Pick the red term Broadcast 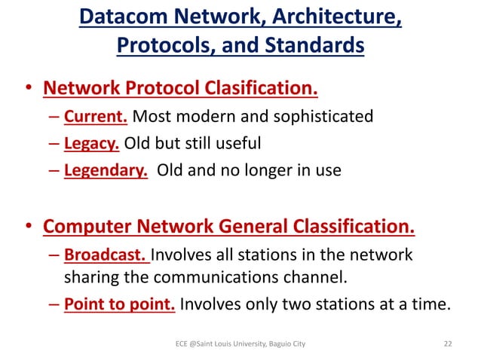point(106,255)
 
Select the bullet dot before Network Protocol point(26,91)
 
